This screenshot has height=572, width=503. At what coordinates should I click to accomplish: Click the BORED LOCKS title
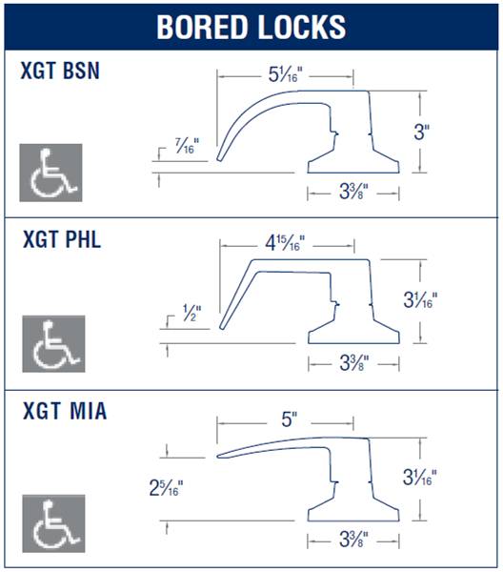click(x=251, y=27)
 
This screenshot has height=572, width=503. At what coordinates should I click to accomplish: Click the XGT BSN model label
click(x=60, y=71)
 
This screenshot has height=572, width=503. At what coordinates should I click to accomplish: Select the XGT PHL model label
click(x=62, y=239)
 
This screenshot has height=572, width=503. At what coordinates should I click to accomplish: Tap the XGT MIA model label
click(x=65, y=411)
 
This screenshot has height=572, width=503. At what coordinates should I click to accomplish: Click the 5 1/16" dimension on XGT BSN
click(x=286, y=74)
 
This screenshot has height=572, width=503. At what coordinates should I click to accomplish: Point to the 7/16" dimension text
click(x=187, y=146)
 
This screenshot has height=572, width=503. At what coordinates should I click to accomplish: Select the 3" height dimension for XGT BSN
click(x=422, y=133)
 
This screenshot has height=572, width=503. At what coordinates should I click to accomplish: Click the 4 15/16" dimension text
click(x=285, y=243)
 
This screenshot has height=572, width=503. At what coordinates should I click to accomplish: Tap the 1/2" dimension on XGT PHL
click(x=191, y=314)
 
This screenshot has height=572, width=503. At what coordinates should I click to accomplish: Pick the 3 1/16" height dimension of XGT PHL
click(x=420, y=300)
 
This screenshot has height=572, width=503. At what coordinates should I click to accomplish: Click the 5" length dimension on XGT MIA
click(x=290, y=419)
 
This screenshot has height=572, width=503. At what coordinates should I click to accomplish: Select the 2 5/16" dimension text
click(x=166, y=488)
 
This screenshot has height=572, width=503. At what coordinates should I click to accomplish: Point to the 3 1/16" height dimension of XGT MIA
click(x=419, y=478)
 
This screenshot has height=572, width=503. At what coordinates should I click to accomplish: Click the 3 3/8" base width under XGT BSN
click(x=353, y=192)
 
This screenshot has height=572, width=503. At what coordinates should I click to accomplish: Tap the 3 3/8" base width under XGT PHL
click(x=354, y=363)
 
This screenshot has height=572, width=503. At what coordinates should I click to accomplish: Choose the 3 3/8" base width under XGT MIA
click(x=353, y=540)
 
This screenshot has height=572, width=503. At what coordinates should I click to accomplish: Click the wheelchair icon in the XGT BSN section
click(x=51, y=173)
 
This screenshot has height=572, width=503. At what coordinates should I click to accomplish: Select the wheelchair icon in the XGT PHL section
click(x=54, y=344)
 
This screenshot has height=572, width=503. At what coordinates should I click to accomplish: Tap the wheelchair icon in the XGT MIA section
click(x=54, y=523)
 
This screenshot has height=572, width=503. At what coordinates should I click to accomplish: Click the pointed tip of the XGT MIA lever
click(x=217, y=456)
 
